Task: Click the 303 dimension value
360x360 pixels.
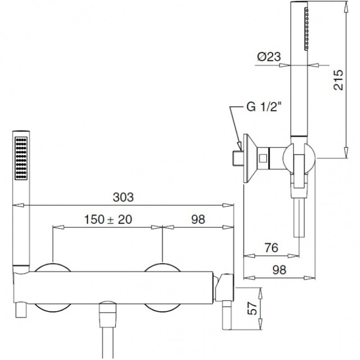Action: [x=123, y=197]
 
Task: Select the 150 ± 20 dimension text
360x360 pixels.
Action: [x=108, y=220]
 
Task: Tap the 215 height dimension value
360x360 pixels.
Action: [x=338, y=80]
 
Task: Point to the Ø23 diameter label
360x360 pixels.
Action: [x=269, y=57]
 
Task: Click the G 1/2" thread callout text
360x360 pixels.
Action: [x=264, y=107]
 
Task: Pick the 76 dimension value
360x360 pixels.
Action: [x=271, y=248]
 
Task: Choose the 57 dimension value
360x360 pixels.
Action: [x=252, y=308]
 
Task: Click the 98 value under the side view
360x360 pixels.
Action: [x=279, y=270]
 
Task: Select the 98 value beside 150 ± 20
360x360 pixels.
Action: [x=198, y=220]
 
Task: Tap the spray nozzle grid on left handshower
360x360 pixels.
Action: [x=21, y=158]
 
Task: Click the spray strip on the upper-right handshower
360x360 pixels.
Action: [x=306, y=29]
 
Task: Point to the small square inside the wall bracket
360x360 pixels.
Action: [x=263, y=158]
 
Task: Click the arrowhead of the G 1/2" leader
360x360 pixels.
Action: [x=239, y=146]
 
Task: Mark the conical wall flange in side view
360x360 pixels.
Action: [x=250, y=158]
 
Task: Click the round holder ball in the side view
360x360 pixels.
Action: [x=299, y=158]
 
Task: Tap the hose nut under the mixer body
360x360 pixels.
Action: [x=108, y=314]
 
